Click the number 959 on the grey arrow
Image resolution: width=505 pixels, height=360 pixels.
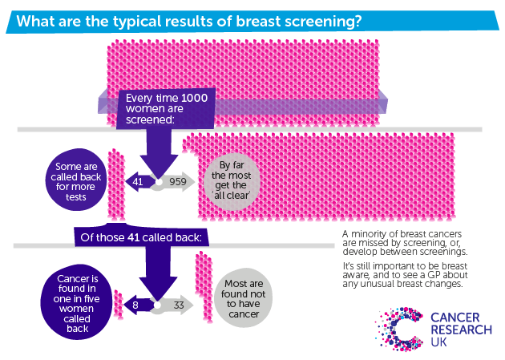point(178,182)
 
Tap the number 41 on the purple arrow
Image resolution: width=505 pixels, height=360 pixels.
point(138,182)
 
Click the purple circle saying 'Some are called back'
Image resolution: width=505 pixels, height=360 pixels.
point(75,182)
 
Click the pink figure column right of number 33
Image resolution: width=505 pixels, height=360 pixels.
point(204,285)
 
